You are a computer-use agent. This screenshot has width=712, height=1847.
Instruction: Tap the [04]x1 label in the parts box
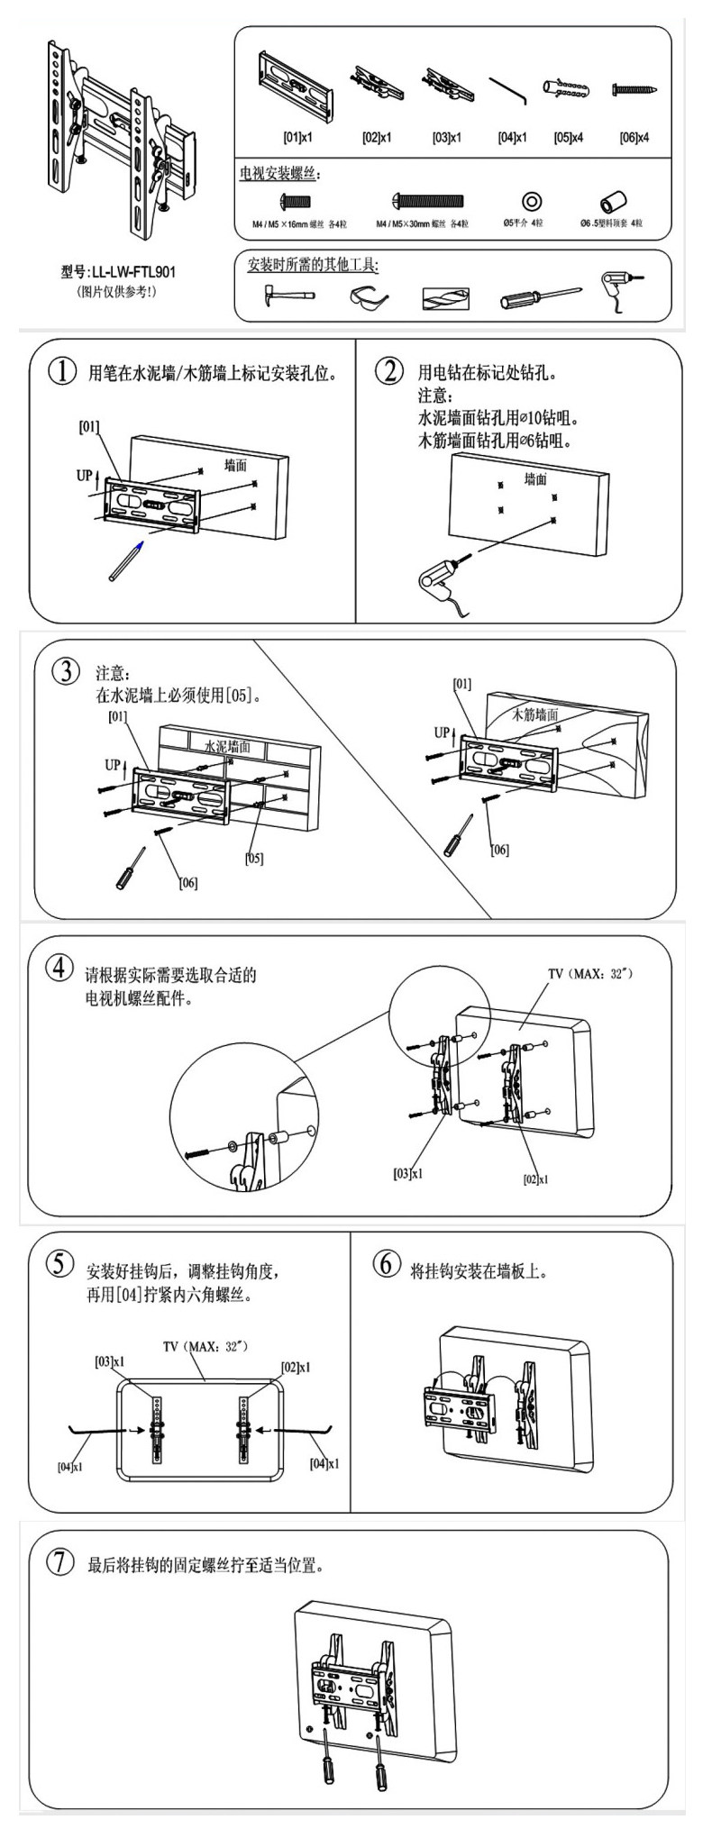[x=513, y=139]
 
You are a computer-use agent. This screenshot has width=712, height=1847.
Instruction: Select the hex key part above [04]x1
[x=508, y=90]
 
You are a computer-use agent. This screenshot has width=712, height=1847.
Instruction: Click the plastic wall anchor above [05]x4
[x=565, y=89]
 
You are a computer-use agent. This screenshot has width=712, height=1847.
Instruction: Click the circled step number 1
[x=61, y=372]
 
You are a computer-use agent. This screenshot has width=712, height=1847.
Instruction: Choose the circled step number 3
[x=64, y=672]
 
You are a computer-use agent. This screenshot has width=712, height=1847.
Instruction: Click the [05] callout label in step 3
[x=255, y=858]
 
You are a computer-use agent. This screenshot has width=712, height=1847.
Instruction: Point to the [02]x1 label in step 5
[x=296, y=1367]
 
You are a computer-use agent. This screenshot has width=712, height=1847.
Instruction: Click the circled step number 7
[x=60, y=1563]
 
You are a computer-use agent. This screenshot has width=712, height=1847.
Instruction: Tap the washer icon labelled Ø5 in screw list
[x=531, y=199]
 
